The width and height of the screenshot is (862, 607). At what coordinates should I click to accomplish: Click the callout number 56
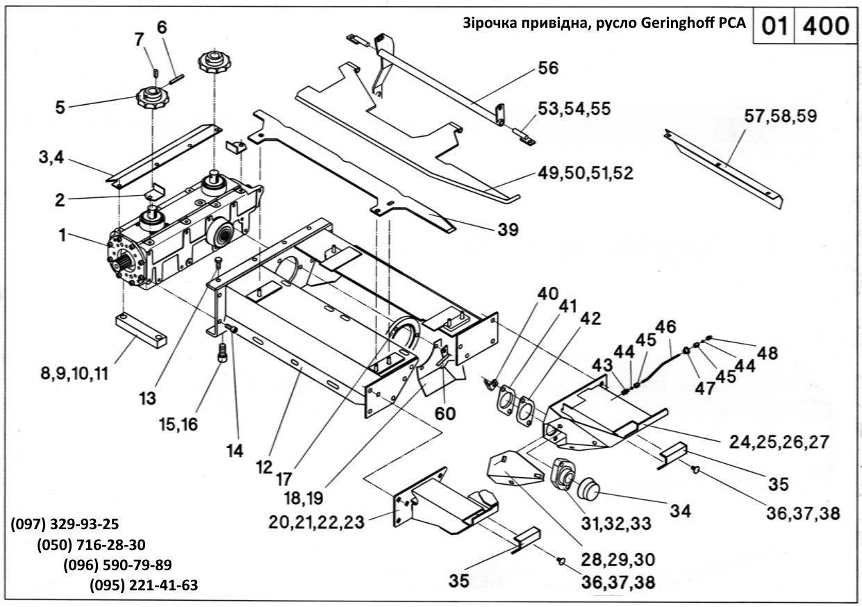[548, 69]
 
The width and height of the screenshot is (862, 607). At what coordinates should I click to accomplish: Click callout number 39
[508, 229]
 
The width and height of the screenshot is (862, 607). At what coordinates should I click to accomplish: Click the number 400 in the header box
[825, 26]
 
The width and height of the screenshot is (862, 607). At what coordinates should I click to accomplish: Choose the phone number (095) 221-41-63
[144, 585]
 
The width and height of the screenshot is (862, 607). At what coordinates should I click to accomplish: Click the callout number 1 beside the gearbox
[63, 236]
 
